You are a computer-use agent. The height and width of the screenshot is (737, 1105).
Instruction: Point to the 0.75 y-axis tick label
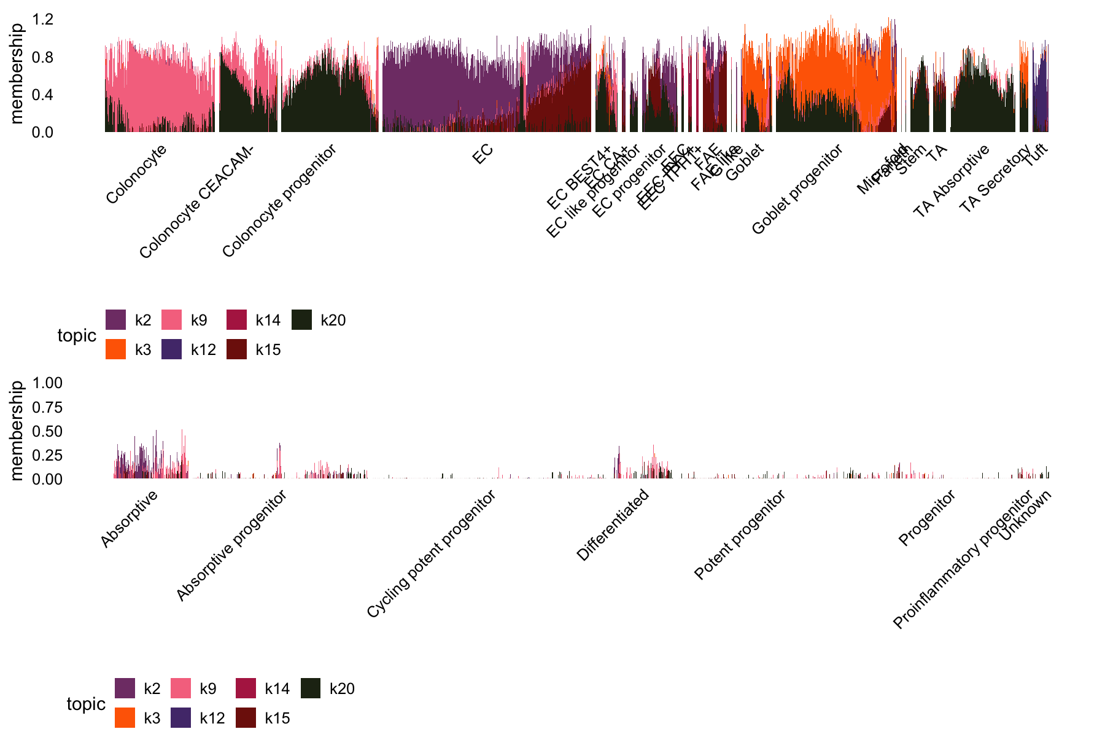click(47, 408)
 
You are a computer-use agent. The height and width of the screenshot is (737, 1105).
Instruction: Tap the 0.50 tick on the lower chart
click(47, 432)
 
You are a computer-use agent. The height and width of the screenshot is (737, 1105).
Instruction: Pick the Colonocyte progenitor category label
click(279, 201)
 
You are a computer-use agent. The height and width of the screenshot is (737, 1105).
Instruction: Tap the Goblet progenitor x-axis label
click(797, 189)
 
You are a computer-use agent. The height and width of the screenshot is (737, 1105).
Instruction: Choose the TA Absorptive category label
click(952, 181)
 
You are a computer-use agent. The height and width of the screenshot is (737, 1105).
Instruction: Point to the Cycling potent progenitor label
click(431, 554)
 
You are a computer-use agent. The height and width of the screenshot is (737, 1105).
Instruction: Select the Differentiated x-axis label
click(613, 525)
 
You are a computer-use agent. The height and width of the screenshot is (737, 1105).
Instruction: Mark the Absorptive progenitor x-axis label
click(231, 545)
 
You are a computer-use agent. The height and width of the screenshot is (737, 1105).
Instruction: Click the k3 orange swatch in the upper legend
click(115, 349)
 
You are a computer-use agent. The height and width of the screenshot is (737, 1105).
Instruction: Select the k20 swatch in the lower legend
click(311, 688)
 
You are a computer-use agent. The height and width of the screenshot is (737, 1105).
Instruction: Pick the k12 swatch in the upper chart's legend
click(172, 349)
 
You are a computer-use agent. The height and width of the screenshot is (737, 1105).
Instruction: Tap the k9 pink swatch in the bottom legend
click(180, 688)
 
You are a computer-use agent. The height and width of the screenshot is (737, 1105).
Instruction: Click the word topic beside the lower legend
click(86, 704)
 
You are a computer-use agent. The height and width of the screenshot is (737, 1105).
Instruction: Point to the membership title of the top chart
click(17, 74)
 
